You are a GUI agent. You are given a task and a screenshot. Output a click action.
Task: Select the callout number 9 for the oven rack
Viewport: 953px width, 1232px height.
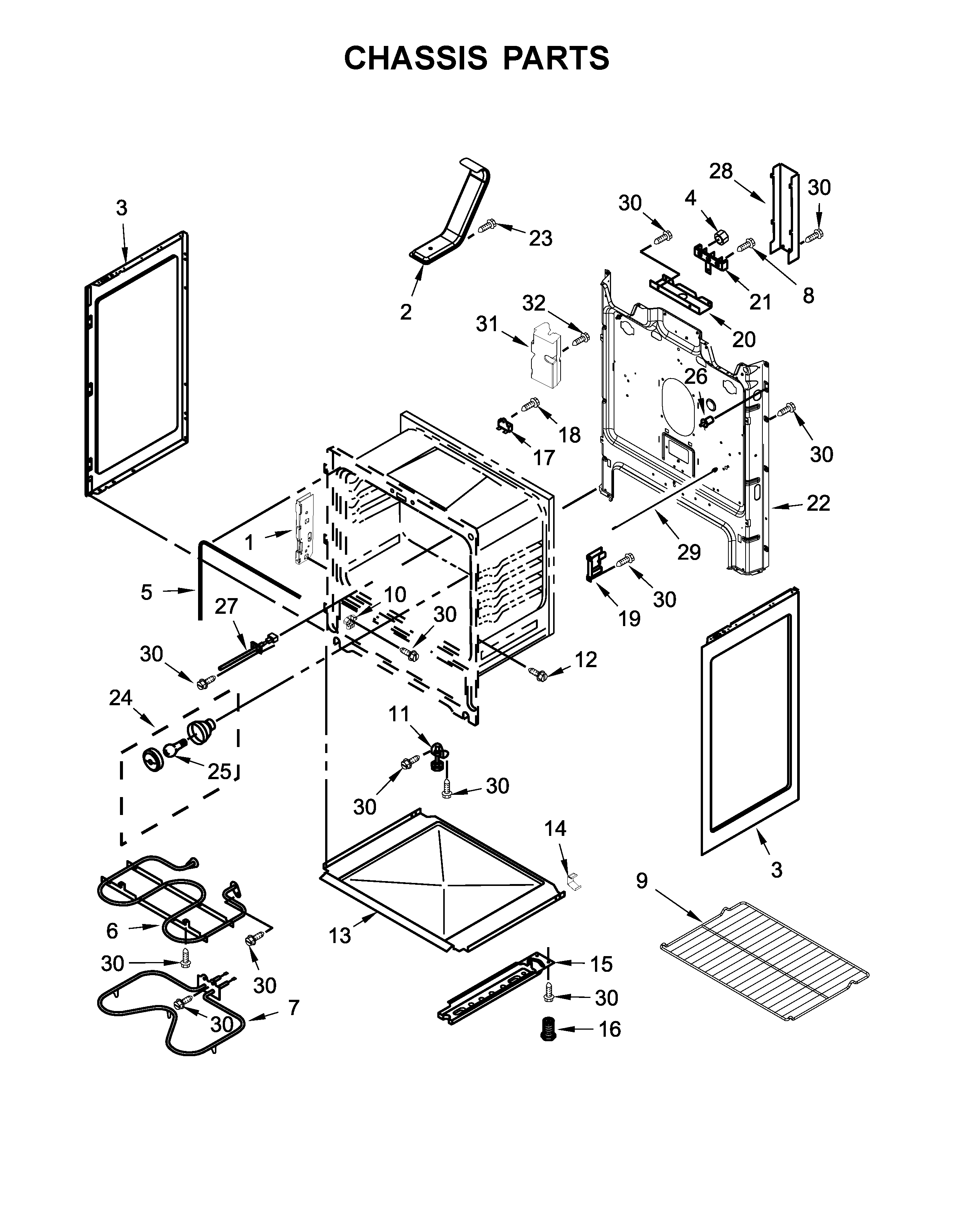click(642, 881)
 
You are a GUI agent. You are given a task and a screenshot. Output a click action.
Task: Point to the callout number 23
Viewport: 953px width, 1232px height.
click(540, 238)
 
